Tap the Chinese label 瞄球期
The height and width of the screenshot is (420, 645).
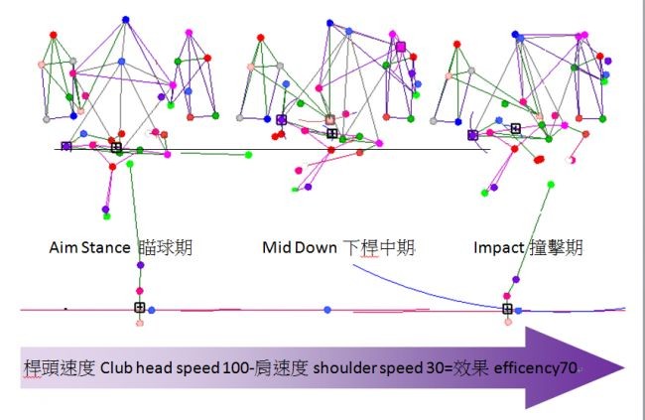coord(165,247)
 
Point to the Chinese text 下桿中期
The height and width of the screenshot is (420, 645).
coord(378,247)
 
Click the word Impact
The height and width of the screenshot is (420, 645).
coord(498,248)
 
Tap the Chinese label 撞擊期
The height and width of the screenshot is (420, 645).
coord(556,247)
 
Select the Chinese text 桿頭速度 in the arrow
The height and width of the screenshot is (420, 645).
coord(60,367)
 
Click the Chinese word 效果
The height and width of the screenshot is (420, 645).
coord(470,367)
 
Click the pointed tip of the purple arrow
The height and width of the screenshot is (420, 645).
coord(625,367)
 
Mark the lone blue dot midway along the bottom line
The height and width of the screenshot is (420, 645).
coord(327,310)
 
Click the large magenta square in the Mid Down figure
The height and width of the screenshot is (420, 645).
coord(401,47)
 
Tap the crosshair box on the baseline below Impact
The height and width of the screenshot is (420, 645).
coord(507,309)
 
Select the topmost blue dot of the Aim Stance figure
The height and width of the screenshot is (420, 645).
coord(126,20)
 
